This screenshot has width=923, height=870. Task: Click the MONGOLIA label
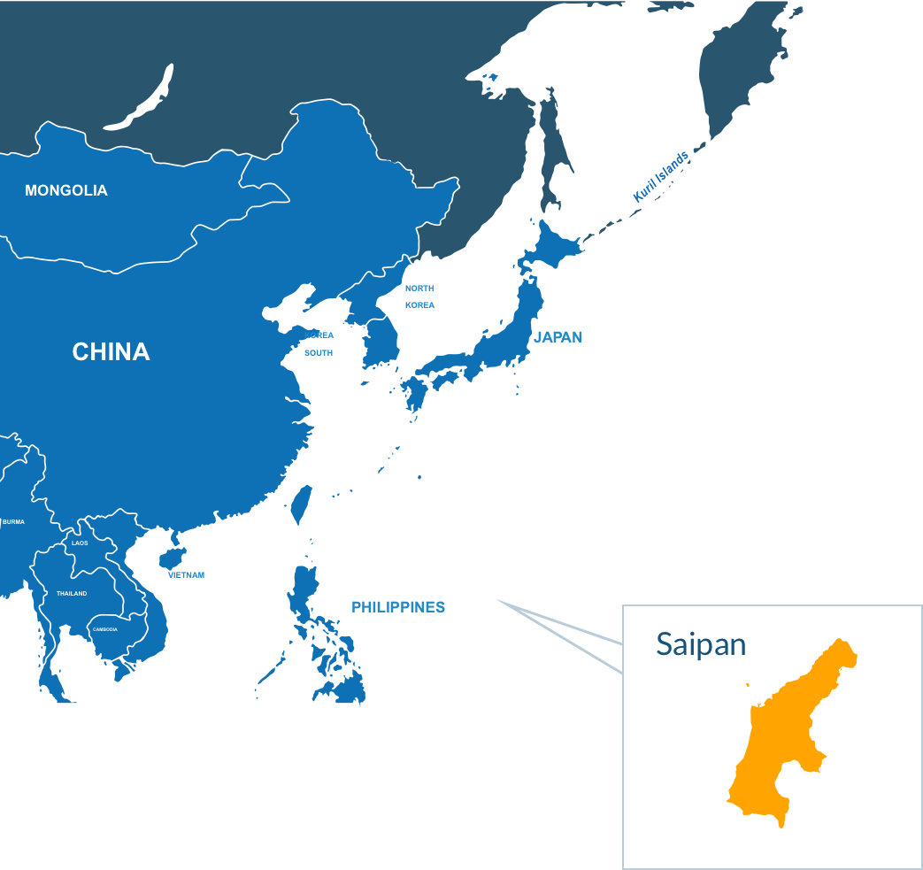(x=66, y=190)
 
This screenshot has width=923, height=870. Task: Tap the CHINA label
(x=111, y=352)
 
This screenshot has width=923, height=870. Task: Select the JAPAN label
(x=558, y=337)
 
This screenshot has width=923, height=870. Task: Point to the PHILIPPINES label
(x=398, y=607)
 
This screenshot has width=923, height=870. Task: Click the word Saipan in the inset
(x=701, y=644)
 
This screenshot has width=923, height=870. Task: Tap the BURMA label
(x=13, y=522)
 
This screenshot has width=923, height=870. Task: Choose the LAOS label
(x=80, y=543)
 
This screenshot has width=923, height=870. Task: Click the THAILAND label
(x=72, y=593)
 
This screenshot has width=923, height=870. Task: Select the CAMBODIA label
(x=104, y=629)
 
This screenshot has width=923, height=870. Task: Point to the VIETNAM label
(x=187, y=574)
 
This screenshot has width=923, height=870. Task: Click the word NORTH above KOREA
(x=419, y=289)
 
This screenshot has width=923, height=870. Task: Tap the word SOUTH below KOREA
(x=319, y=353)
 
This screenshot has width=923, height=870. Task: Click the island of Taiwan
(x=302, y=503)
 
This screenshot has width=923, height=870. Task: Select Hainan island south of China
(x=171, y=558)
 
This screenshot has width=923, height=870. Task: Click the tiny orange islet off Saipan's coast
(x=748, y=685)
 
